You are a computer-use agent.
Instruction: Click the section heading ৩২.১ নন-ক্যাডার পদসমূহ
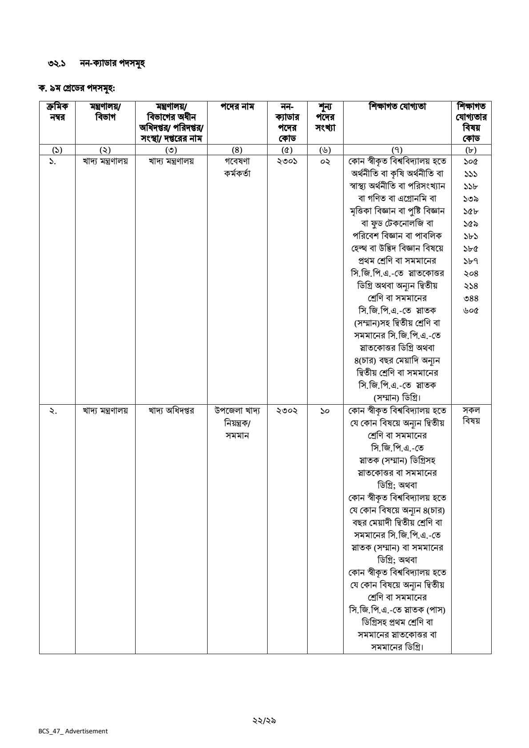[96, 63]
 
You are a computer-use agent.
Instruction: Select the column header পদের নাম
[237, 107]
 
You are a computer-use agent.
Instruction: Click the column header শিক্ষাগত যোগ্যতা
[397, 107]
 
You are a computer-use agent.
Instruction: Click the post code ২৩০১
[287, 161]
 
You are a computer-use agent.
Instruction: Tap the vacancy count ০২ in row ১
[325, 161]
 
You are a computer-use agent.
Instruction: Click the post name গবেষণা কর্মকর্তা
[237, 168]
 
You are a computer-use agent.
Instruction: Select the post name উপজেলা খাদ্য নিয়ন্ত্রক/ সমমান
[237, 423]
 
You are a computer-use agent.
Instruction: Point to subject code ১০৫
[471, 161]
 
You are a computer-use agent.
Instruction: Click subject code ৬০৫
[471, 310]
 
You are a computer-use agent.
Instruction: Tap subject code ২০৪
[471, 273]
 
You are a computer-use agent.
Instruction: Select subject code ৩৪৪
[471, 298]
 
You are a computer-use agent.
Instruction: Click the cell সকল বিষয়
[471, 416]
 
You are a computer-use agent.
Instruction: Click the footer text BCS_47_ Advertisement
[73, 731]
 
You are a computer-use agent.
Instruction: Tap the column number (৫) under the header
[287, 150]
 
